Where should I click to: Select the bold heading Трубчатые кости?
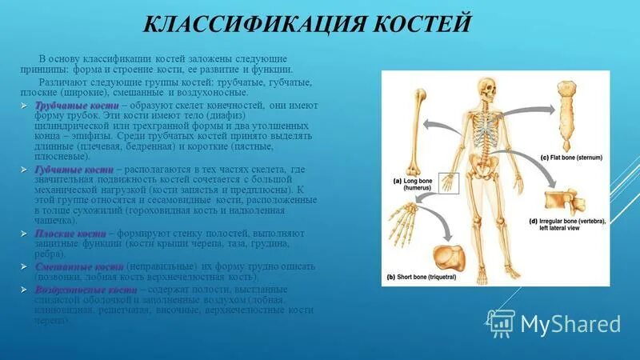pyautogui.click(x=77, y=106)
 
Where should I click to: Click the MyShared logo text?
pyautogui.click(x=570, y=323)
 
